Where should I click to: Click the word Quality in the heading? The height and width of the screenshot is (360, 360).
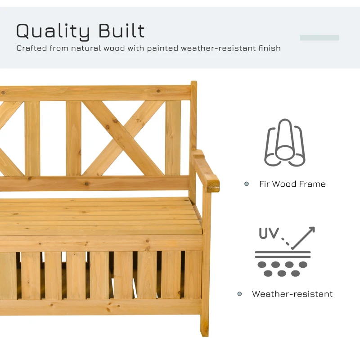tap(53, 31)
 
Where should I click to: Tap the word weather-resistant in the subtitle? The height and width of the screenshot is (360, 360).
tap(217, 48)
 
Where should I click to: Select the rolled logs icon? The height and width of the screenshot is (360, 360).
tap(284, 143)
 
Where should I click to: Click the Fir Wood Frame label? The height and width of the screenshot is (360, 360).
tap(292, 184)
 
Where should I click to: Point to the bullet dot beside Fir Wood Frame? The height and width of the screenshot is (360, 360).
tap(247, 184)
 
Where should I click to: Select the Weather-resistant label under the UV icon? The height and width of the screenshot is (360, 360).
tap(292, 294)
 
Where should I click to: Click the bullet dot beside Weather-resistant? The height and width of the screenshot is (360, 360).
tap(240, 294)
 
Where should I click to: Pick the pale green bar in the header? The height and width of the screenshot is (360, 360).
tap(319, 38)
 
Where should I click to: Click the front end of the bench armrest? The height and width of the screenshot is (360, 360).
tap(213, 185)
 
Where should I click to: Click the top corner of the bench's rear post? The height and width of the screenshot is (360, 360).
tap(193, 84)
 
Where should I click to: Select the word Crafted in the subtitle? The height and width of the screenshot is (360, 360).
tap(31, 48)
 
